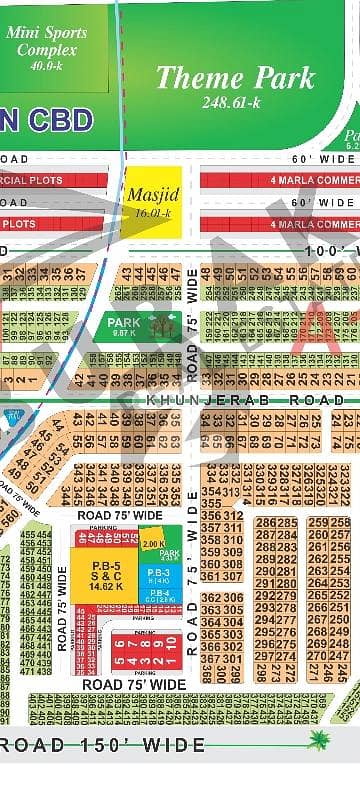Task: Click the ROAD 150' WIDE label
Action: point(105,745)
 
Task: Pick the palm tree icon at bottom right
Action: point(320,742)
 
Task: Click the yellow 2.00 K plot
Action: point(152,543)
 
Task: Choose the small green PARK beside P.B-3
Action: point(169,553)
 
